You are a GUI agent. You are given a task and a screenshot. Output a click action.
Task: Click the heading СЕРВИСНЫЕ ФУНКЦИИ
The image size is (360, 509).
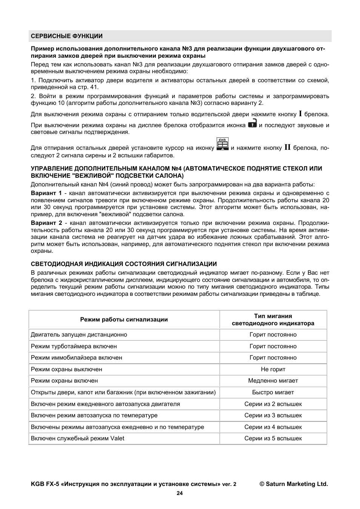click(x=67, y=36)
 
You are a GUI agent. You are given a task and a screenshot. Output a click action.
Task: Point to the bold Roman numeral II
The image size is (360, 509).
click(x=287, y=148)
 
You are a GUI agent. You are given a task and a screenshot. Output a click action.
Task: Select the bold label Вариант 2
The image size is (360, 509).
click(x=46, y=223)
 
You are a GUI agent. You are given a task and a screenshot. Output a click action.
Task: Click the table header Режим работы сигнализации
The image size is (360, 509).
click(x=124, y=320)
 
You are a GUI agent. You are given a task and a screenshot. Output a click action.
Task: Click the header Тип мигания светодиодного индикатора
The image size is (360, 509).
click(x=273, y=320)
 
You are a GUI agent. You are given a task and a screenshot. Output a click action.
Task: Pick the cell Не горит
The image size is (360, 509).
click(x=273, y=369)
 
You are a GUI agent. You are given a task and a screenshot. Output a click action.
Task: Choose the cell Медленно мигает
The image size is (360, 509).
click(x=273, y=381)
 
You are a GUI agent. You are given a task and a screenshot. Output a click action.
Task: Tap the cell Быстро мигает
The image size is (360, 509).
click(x=273, y=392)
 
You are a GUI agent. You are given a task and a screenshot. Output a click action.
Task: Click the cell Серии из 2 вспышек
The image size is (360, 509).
click(x=273, y=404)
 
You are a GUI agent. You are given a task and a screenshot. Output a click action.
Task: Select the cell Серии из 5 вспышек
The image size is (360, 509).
click(x=273, y=438)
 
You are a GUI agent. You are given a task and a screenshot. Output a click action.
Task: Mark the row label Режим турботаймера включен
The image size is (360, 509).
click(x=74, y=346)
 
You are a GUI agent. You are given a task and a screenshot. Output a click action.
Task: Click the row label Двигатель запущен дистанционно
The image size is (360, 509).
click(x=79, y=335)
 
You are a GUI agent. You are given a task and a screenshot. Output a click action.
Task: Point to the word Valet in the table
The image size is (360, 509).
click(x=117, y=438)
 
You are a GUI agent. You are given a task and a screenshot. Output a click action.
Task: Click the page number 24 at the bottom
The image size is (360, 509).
click(x=180, y=493)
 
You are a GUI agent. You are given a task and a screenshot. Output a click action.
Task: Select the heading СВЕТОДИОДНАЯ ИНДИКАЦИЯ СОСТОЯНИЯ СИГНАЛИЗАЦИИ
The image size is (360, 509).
click(x=124, y=264)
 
